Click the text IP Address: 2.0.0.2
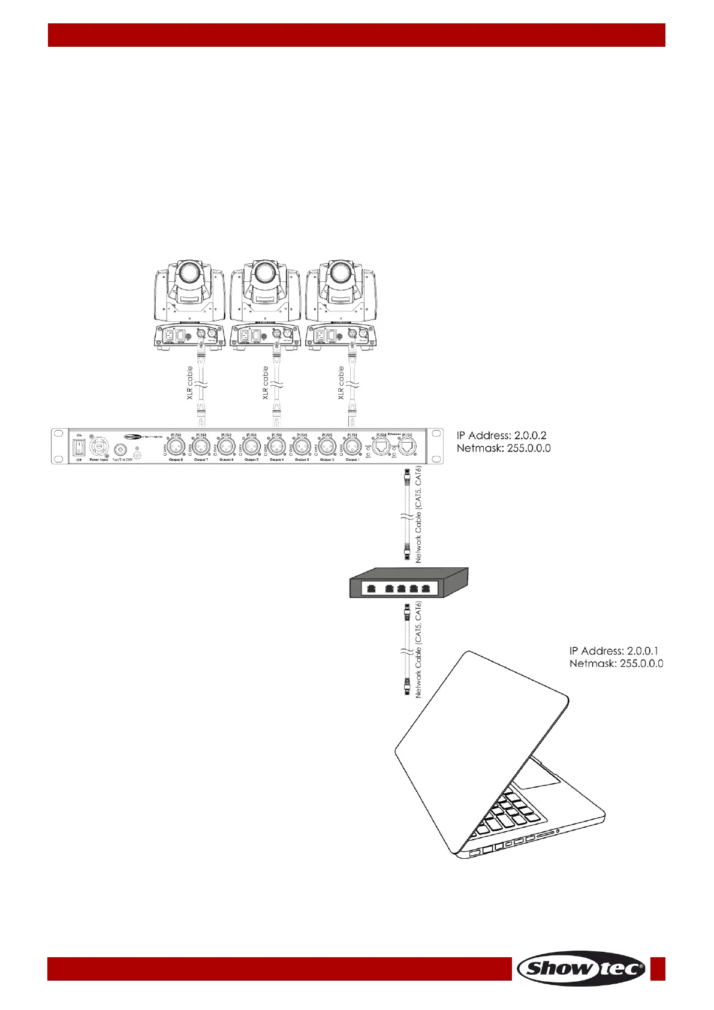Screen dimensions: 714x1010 point(501,435)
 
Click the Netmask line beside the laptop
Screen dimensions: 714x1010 point(616,664)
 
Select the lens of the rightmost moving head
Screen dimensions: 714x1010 point(341,273)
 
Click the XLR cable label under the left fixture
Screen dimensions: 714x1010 point(190,383)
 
